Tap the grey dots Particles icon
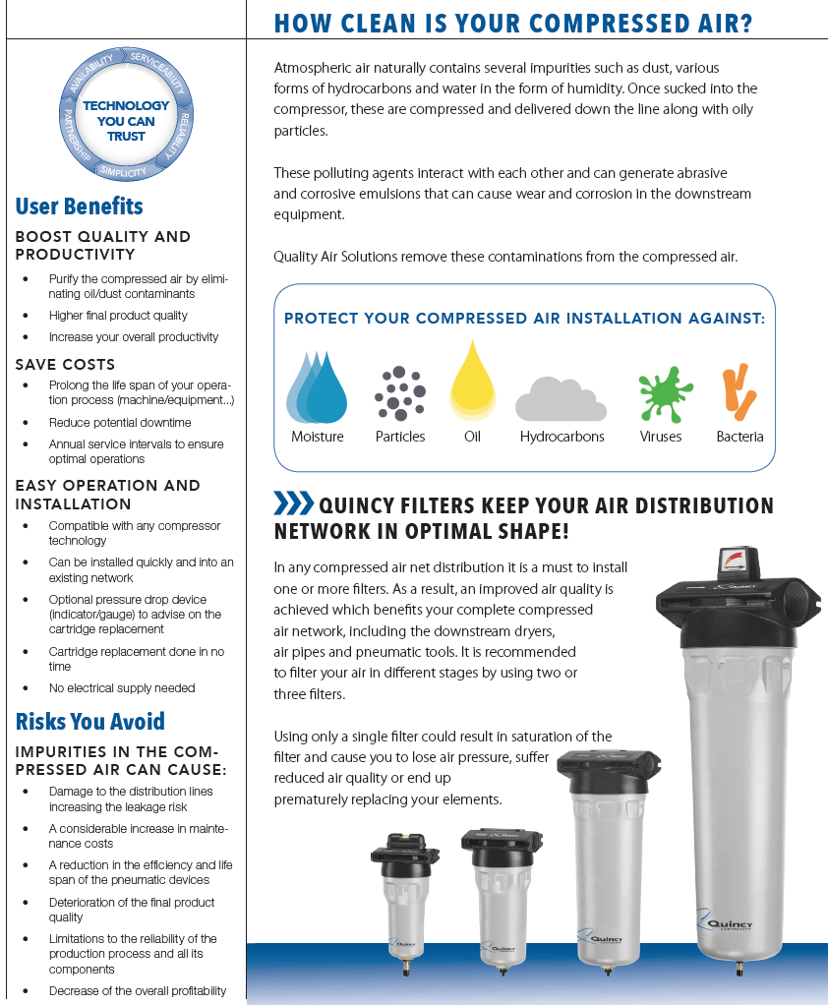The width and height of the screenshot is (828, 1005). click(x=399, y=393)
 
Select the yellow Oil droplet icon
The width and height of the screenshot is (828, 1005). click(x=472, y=381)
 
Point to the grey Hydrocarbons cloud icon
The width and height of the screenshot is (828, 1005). click(x=561, y=398)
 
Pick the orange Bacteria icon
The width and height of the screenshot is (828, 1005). click(x=739, y=391)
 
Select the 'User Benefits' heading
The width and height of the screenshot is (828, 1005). click(x=80, y=207)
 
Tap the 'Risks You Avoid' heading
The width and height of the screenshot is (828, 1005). click(x=90, y=722)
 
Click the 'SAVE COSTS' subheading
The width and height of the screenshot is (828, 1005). click(x=65, y=364)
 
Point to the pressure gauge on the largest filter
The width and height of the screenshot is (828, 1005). click(x=735, y=564)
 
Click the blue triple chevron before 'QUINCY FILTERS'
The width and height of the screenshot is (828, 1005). click(x=293, y=504)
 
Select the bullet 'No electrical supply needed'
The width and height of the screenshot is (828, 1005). click(x=122, y=687)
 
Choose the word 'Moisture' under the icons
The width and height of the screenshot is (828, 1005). click(x=318, y=437)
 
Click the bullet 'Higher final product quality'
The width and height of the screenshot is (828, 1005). click(x=118, y=316)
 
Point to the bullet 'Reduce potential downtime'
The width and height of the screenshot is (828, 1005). click(x=120, y=422)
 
